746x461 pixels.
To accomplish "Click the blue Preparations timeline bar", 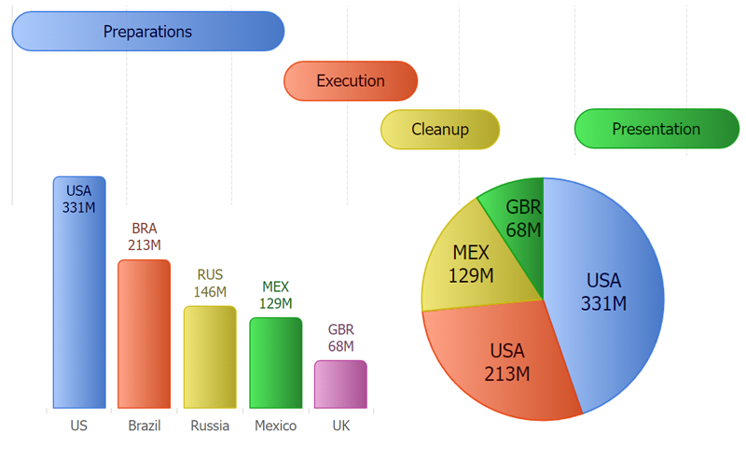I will point(147,31).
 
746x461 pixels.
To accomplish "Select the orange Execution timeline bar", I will point(351,80).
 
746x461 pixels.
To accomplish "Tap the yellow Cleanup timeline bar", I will point(440,130).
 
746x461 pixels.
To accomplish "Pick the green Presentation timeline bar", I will point(656,129).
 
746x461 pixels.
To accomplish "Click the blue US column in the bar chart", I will point(79,308).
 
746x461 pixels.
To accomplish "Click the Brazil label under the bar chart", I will point(145,426).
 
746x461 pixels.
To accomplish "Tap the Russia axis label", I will point(210,426).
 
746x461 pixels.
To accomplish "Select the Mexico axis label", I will point(276,426).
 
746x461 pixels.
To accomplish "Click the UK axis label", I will point(341,426).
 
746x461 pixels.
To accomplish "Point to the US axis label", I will point(78,426).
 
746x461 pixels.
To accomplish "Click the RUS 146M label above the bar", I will point(210,284).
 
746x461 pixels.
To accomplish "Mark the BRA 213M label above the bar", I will point(145,237).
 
